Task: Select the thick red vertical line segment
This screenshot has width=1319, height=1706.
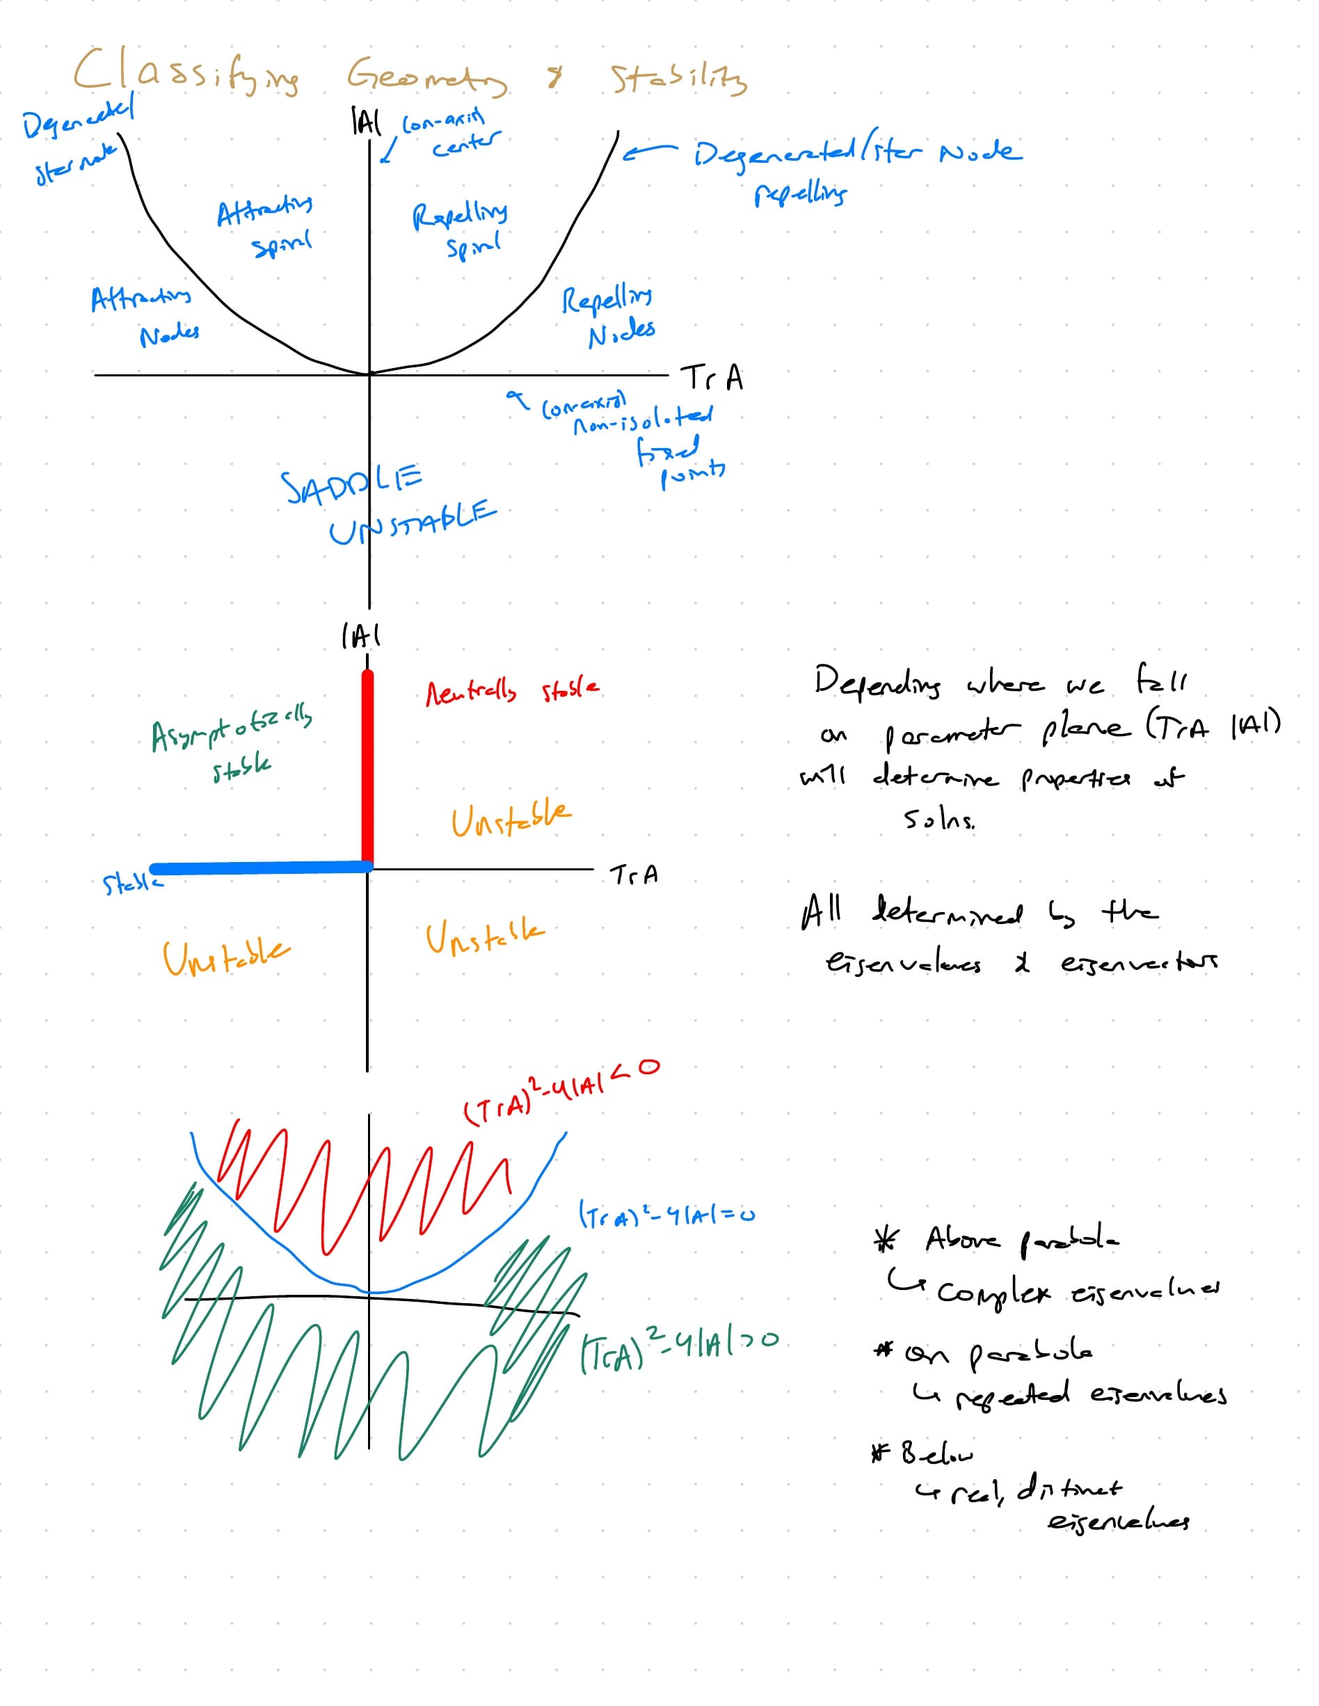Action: [x=368, y=770]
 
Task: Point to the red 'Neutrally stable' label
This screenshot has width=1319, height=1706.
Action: [x=511, y=692]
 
